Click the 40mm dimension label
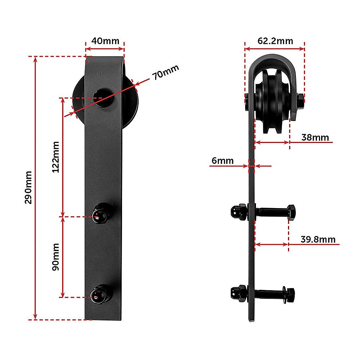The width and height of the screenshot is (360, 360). pos(105,41)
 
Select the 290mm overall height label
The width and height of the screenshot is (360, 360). pos(28,187)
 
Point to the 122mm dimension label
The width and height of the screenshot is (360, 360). pos(56,157)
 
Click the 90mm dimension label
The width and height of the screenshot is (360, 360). pos(56,257)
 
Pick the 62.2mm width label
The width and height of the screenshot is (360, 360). pos(275,41)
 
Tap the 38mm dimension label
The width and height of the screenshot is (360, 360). pos(315,137)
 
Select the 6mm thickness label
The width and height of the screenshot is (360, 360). pos(222,161)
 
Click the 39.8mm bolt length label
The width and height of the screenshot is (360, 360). pos(318,239)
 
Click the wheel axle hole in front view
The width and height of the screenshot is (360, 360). pos(103,96)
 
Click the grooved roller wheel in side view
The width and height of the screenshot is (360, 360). pos(273,101)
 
